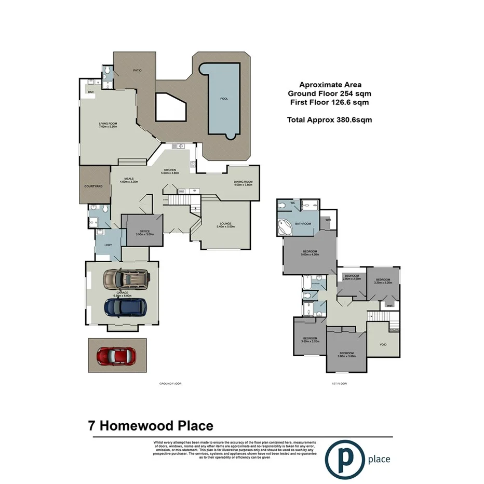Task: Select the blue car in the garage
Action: tap(125, 307)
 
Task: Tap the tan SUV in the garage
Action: tap(125, 280)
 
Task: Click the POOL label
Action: tap(224, 98)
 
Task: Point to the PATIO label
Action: tap(137, 70)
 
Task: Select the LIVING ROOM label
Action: tap(108, 124)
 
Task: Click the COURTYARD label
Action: tap(93, 186)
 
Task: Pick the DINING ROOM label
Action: tap(243, 182)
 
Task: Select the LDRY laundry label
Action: tap(108, 245)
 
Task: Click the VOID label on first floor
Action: tap(383, 344)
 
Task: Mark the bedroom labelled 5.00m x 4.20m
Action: tap(310, 253)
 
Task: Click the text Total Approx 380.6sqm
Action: tap(329, 119)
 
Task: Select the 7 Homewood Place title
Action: tap(151, 426)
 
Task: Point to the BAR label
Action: tap(90, 92)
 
